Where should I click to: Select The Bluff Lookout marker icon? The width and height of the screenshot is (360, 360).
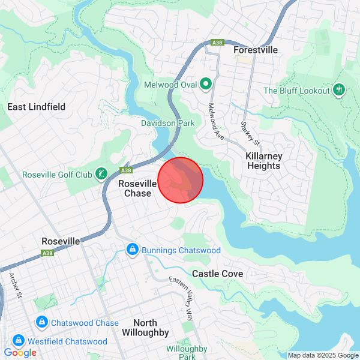pos(340,91)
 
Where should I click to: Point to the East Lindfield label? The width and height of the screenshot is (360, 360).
pos(36,107)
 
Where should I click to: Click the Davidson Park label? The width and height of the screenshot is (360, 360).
pos(167,123)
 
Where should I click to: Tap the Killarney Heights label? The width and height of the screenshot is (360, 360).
pos(263,161)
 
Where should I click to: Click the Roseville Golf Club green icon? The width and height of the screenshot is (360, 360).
pos(102,175)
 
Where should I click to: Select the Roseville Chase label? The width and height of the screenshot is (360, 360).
pos(137,188)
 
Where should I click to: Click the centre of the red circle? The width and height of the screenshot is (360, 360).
pos(181,180)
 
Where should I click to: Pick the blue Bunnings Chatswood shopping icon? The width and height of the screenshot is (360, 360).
pos(133,248)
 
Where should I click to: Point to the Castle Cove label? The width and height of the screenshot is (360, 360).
pos(217,274)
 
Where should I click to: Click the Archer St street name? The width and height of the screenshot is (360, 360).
pos(14,286)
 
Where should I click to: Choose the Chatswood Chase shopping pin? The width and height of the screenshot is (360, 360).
pos(41,323)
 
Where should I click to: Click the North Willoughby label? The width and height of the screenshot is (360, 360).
pos(145,328)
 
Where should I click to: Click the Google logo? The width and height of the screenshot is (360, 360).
pos(20,353)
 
